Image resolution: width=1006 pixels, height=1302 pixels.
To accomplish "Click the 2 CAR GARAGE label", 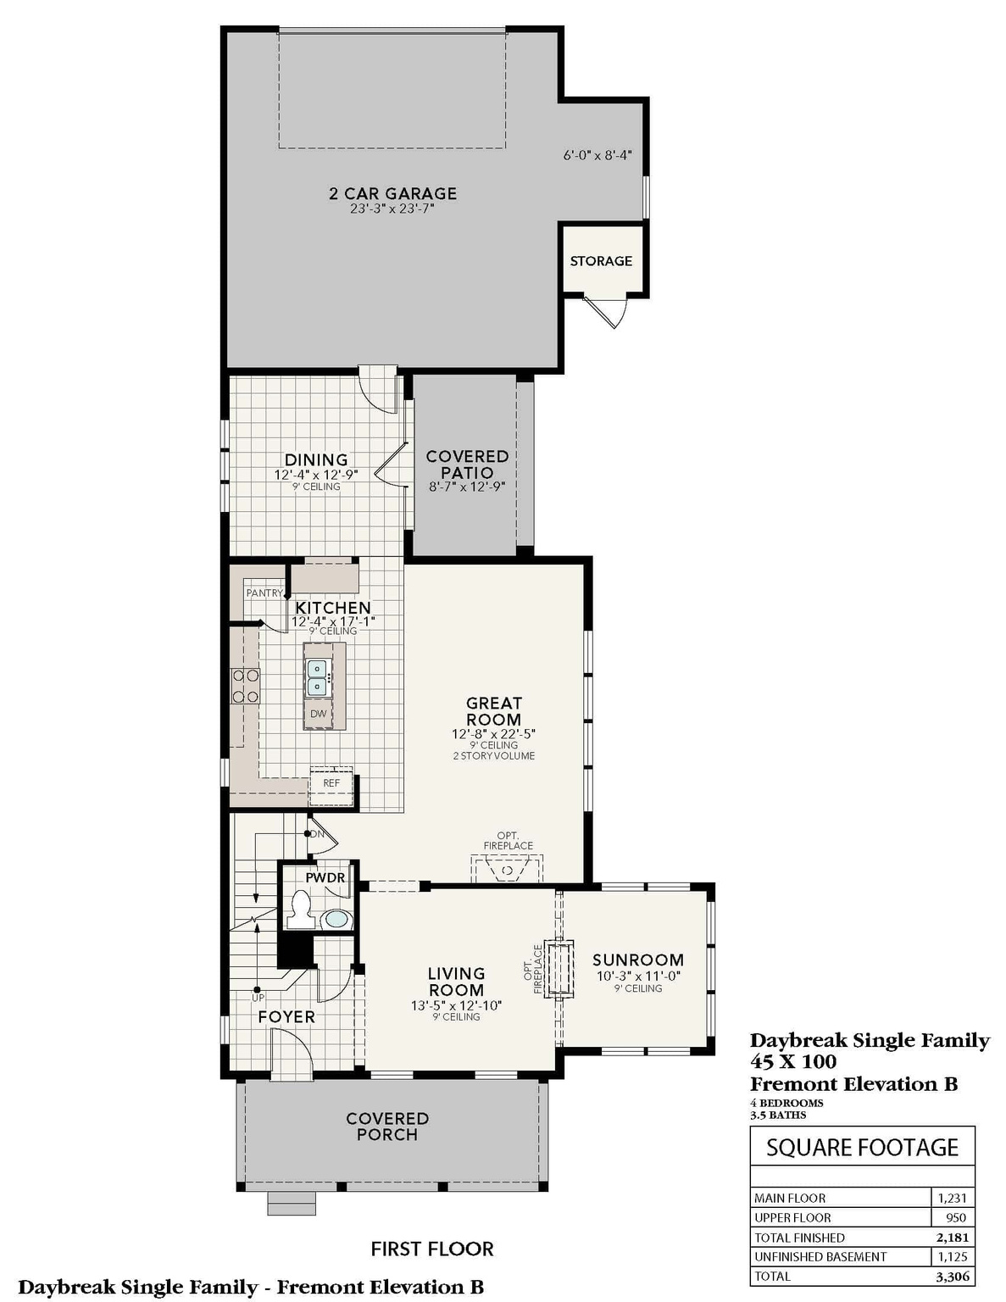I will click(x=392, y=194).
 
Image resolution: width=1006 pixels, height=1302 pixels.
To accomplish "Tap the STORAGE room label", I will click(x=601, y=261).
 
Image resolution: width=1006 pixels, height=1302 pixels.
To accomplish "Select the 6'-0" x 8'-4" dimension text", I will click(x=597, y=156).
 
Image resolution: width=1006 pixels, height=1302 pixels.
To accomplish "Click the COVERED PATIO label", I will click(x=467, y=465).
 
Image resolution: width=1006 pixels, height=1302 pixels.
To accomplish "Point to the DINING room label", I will click(x=316, y=460).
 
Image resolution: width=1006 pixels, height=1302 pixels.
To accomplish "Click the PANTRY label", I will click(x=264, y=593).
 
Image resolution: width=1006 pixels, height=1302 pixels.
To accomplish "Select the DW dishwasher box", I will click(x=319, y=714).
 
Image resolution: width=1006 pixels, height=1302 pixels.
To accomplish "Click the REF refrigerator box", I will click(x=331, y=783).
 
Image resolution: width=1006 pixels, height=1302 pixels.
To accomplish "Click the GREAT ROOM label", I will click(x=493, y=711).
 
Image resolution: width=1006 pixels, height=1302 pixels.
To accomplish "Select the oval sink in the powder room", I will click(x=337, y=919).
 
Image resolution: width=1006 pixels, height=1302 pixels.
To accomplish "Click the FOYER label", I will click(x=286, y=1016).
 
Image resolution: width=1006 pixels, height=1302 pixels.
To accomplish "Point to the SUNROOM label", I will click(x=637, y=960).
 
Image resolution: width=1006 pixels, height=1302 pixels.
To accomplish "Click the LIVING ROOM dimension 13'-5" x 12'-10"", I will click(x=456, y=1006).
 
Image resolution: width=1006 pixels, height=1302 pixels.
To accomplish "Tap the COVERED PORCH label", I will click(x=387, y=1127).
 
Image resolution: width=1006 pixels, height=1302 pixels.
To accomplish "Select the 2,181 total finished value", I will click(x=952, y=1238).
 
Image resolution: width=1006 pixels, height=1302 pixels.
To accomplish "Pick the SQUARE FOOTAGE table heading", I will click(x=862, y=1148).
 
